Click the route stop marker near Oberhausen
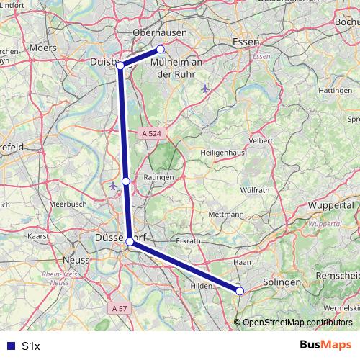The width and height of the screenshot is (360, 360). [161, 49]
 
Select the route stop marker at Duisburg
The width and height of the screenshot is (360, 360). [120, 66]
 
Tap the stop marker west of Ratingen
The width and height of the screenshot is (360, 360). [126, 181]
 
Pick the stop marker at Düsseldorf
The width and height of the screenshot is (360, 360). [130, 242]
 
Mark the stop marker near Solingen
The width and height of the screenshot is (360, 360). [240, 291]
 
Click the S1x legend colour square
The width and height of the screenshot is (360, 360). [9, 346]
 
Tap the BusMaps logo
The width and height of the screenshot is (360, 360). [325, 345]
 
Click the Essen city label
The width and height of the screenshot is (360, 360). [246, 43]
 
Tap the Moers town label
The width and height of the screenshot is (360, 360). [44, 48]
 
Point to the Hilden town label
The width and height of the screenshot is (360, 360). [202, 286]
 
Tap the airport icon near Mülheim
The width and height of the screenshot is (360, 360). [206, 89]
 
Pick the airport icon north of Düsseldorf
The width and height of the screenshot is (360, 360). [113, 186]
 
